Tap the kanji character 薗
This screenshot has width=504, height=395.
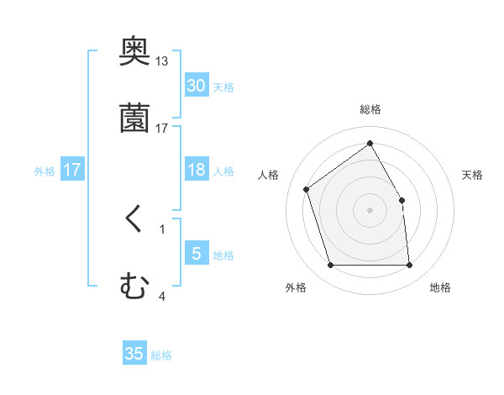point(135,118)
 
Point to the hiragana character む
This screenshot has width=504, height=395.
point(134,287)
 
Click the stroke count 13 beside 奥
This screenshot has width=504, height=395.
point(161,61)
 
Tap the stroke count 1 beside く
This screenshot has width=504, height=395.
point(162,229)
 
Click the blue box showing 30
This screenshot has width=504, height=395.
point(196,86)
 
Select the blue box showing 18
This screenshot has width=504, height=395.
point(196,170)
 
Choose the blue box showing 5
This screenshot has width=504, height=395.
point(196,254)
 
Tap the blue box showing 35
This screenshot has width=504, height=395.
point(134,354)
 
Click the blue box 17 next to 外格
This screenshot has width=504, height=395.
point(71,170)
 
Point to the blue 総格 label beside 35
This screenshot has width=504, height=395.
point(162,355)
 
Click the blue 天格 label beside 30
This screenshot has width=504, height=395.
point(223,87)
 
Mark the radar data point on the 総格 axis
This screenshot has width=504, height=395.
point(370,143)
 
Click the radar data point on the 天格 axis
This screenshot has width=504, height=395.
point(402,200)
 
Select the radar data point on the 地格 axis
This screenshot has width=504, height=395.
point(409,266)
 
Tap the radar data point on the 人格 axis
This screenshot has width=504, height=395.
point(307,189)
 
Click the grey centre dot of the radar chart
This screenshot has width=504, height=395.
point(370,210)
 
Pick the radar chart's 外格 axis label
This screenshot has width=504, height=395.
point(296,288)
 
